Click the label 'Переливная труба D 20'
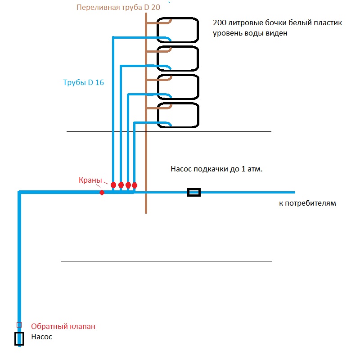[118, 7]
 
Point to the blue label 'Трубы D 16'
[83, 82]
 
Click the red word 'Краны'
[90, 180]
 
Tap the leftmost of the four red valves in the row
[113, 185]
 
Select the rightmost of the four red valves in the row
[135, 185]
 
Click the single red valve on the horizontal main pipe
[102, 193]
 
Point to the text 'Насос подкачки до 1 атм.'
[216, 169]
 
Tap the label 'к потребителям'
[307, 203]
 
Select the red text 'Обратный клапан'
[63, 326]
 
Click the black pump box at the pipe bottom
[15, 339]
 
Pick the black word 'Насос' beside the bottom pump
[42, 337]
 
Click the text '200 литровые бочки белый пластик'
[277, 23]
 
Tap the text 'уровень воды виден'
[250, 33]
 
